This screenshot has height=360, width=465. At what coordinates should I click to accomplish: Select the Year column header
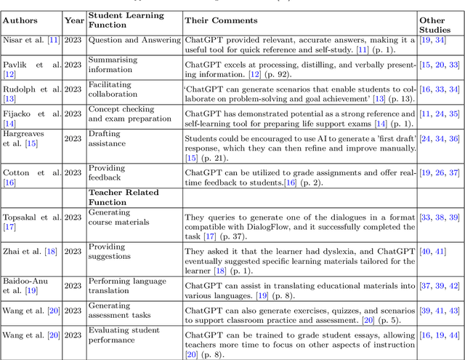tap(73, 21)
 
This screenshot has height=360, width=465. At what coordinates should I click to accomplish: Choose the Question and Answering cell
tap(134, 40)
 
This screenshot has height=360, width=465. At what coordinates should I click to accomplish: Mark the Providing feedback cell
tap(106, 172)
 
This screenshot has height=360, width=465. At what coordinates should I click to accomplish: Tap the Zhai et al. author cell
tap(30, 251)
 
